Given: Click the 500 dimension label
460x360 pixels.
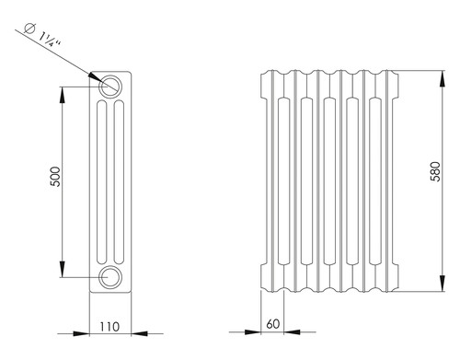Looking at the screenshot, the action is pos(55,177).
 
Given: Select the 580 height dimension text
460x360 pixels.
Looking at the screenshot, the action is pos(435,171).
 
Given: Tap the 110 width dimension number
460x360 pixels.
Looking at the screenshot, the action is pos(109,327).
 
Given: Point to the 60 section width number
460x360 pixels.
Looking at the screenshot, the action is pos(273,324).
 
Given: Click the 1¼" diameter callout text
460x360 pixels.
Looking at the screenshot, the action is pos(50,39).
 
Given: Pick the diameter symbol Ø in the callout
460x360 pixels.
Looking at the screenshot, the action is pos(30,28).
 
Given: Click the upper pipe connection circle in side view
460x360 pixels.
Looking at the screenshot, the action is pos(110,87).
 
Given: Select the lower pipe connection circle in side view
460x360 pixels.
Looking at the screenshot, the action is pos(110,277).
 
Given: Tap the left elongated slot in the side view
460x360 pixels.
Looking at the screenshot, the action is pos(102,182).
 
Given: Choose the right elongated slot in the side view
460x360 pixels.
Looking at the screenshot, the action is pos(119,182).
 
